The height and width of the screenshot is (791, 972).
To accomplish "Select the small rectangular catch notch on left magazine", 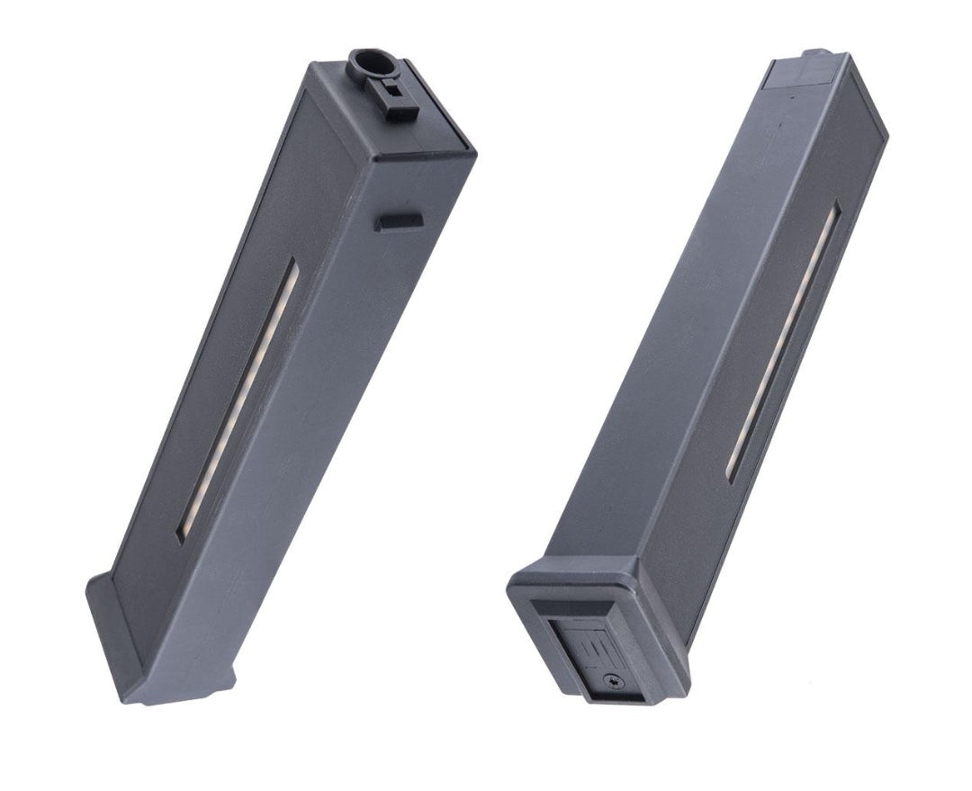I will pos(398,221).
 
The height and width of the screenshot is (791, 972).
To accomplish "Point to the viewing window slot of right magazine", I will pos(784,342).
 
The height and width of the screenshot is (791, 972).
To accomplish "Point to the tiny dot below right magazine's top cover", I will pos(792,93).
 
